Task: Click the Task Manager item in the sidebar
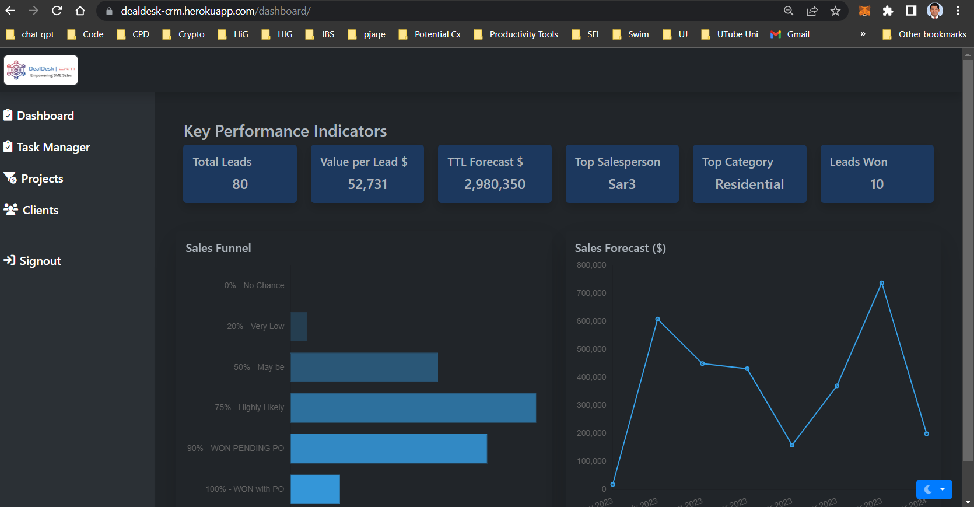53,147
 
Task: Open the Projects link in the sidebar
42,179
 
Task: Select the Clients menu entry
40,210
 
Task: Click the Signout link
40,261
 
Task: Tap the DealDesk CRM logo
41,70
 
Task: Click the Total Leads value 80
240,184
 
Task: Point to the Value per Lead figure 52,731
367,184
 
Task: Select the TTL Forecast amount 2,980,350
495,184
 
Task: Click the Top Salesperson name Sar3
622,184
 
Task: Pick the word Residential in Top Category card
749,184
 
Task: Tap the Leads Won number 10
877,184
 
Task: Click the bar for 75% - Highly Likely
413,408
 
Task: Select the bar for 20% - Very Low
299,327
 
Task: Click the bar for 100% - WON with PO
315,489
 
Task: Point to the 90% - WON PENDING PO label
236,448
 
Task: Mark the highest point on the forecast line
882,283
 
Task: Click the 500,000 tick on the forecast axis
591,349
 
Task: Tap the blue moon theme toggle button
934,489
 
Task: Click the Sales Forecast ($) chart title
620,248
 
